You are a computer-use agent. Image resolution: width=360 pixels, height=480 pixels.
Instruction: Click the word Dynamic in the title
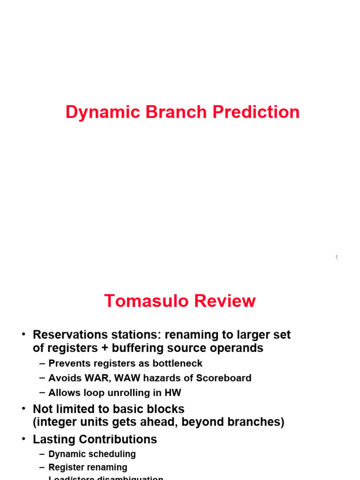pos(96,112)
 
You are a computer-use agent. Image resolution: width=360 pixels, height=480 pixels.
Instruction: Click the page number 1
pos(337,257)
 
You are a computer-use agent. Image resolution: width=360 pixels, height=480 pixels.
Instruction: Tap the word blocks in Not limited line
pos(166,409)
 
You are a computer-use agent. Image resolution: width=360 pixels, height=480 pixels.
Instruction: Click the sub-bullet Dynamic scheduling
pos(92,454)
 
